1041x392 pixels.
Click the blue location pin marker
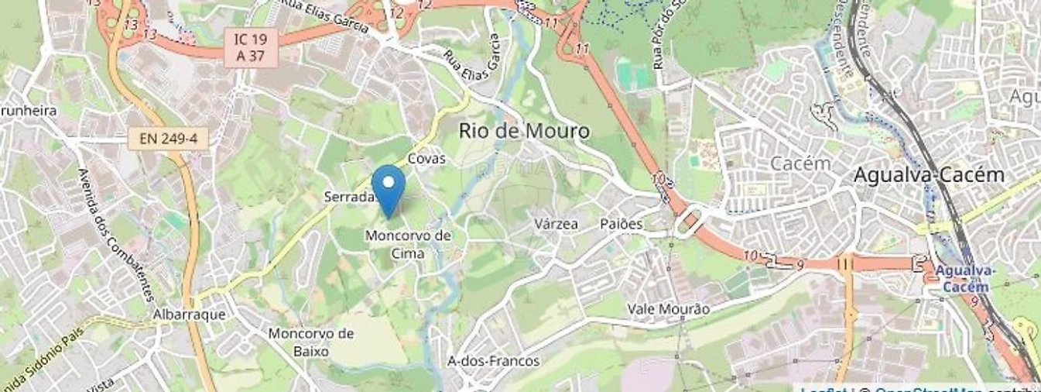pyautogui.click(x=388, y=187)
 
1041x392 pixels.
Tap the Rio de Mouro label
pyautogui.click(x=524, y=130)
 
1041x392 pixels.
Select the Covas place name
pyautogui.click(x=426, y=159)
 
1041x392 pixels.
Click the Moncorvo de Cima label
pyautogui.click(x=408, y=243)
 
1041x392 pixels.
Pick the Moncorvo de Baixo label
pyautogui.click(x=310, y=342)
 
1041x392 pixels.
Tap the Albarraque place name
pyautogui.click(x=189, y=315)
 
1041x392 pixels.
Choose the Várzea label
pyautogui.click(x=556, y=224)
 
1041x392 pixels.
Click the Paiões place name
pyautogui.click(x=622, y=224)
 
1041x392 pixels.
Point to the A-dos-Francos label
pyautogui.click(x=494, y=361)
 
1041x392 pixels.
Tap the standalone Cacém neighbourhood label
pyautogui.click(x=800, y=163)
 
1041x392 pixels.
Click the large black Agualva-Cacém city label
pyautogui.click(x=928, y=175)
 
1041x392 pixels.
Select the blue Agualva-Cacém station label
pyautogui.click(x=964, y=279)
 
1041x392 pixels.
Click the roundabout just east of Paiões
pyautogui.click(x=687, y=222)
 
